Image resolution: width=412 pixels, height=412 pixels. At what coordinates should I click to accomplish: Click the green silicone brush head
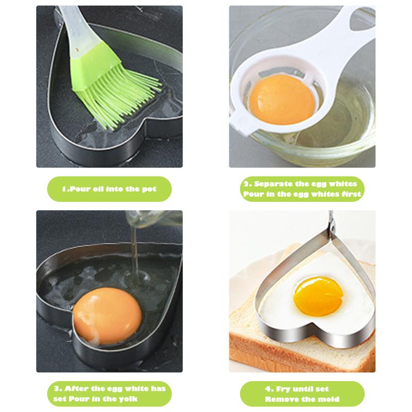point(110,84)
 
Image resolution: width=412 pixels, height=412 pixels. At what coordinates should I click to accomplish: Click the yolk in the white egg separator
point(282,99)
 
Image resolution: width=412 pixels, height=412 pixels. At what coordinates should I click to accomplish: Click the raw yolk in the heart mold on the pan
point(107,316)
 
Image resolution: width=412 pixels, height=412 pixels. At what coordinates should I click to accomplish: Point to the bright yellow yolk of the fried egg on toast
point(318,296)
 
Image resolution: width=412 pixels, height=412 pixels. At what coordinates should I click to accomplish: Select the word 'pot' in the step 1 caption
point(149,189)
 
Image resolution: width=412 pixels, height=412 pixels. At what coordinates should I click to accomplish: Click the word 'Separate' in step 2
point(273,184)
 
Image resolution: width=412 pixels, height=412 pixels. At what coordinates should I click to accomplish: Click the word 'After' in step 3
point(73,389)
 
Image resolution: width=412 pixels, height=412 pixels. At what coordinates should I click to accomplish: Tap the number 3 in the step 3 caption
point(57,389)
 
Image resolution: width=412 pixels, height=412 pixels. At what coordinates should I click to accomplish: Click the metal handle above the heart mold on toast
point(331,224)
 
